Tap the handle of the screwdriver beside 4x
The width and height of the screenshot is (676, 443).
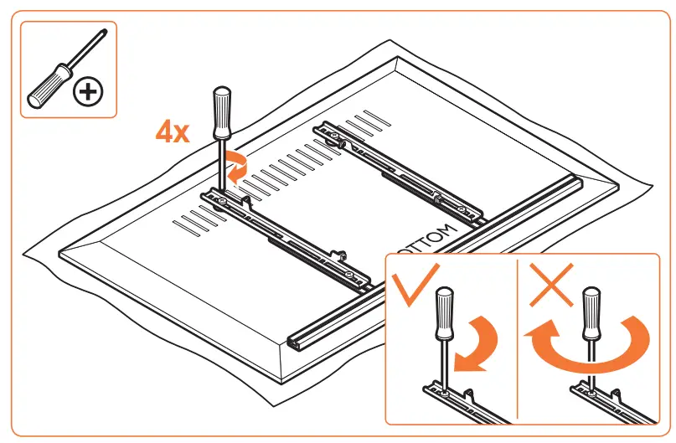[x=222, y=114]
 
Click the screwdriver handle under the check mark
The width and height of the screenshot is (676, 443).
[x=443, y=313]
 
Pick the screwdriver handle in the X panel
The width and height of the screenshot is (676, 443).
[x=592, y=311]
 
